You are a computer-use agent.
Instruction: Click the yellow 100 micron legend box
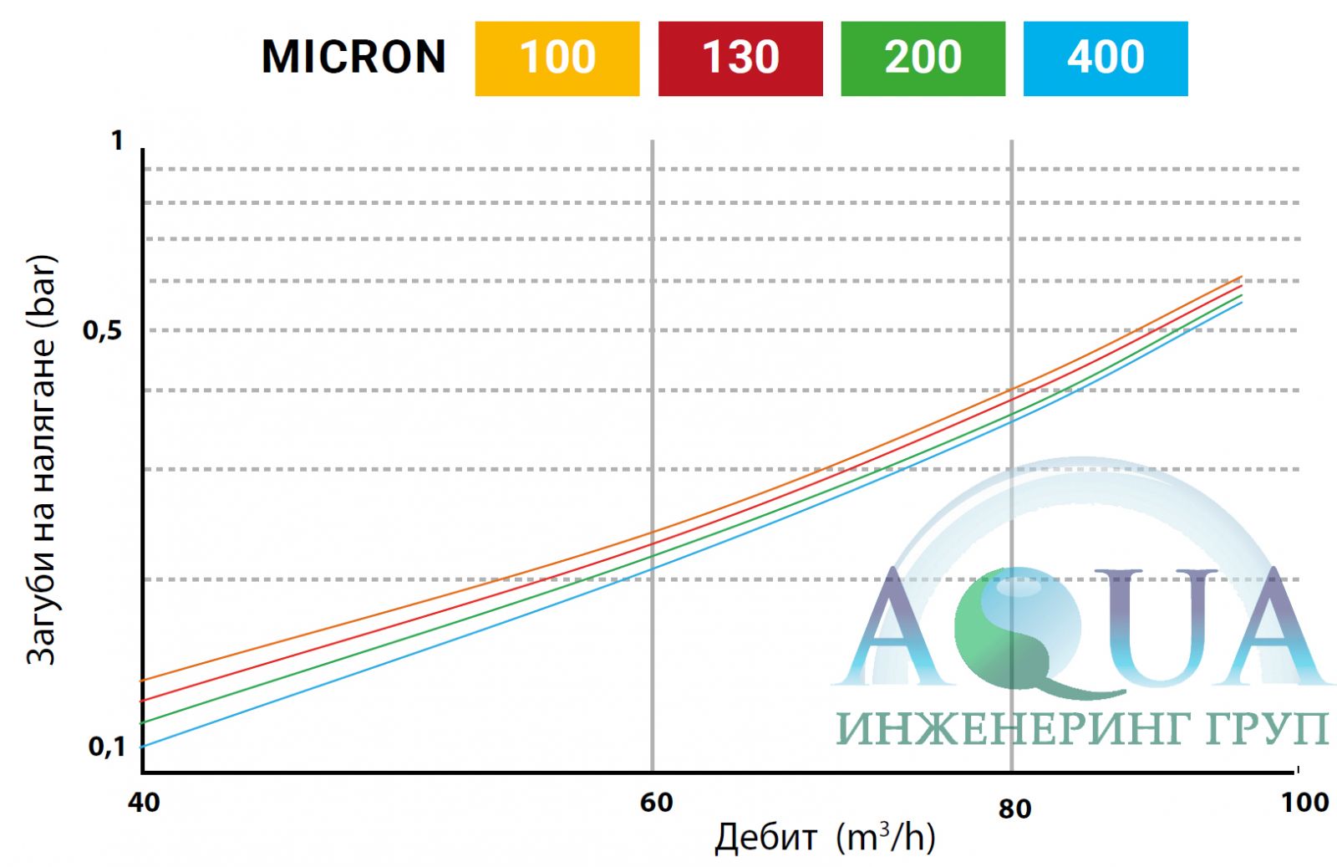tap(557, 59)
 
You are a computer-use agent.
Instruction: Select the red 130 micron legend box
tap(740, 59)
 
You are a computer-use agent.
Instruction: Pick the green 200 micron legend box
tap(923, 59)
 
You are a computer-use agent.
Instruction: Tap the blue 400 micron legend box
tap(1105, 59)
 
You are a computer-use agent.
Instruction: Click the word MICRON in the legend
tap(353, 58)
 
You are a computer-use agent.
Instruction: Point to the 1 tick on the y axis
tap(118, 140)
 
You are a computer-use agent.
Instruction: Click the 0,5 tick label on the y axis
tap(102, 331)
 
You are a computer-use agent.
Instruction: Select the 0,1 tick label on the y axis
tap(107, 746)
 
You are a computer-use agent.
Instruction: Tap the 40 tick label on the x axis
tap(143, 803)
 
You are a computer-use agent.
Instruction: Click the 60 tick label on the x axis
tap(656, 803)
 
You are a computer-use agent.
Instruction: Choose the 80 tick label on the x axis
tap(1014, 808)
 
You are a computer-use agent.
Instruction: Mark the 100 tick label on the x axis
tap(1304, 803)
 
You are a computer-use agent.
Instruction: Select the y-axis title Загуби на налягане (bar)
tap(42, 460)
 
